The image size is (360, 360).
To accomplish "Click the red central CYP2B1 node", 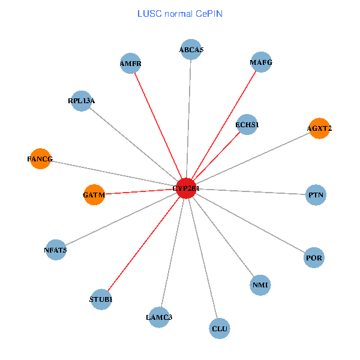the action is pyautogui.click(x=187, y=188).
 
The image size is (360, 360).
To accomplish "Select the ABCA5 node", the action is pyautogui.click(x=191, y=49).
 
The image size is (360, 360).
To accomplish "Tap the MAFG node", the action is pyautogui.click(x=261, y=62).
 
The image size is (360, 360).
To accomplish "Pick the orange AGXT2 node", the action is pyautogui.click(x=319, y=128).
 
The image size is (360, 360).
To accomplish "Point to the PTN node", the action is pyautogui.click(x=316, y=195).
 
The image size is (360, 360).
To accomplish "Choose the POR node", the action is pyautogui.click(x=314, y=258).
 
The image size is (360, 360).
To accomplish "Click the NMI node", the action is pyautogui.click(x=260, y=284).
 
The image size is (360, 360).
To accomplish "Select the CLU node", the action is pyautogui.click(x=220, y=328).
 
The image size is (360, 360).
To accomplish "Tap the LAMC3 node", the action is pyautogui.click(x=159, y=317).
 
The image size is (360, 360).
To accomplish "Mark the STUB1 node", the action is pyautogui.click(x=101, y=299).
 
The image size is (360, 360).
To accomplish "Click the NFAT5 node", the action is pyautogui.click(x=55, y=250).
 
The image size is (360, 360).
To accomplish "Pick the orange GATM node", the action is pyautogui.click(x=94, y=195).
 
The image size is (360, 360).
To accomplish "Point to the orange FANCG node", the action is pyautogui.click(x=40, y=159).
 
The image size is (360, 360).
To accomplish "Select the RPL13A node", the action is pyautogui.click(x=81, y=101).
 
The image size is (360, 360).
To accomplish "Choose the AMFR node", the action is pyautogui.click(x=130, y=63).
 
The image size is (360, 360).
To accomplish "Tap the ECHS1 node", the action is pyautogui.click(x=247, y=125).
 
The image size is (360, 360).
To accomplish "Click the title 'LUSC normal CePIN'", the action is pyautogui.click(x=180, y=13).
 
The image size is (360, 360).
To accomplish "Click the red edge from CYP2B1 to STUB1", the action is pyautogui.click(x=144, y=243).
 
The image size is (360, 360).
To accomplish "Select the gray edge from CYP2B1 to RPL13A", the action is pyautogui.click(x=134, y=144).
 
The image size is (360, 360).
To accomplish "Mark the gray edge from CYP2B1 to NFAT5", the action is pyautogui.click(x=120, y=219).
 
